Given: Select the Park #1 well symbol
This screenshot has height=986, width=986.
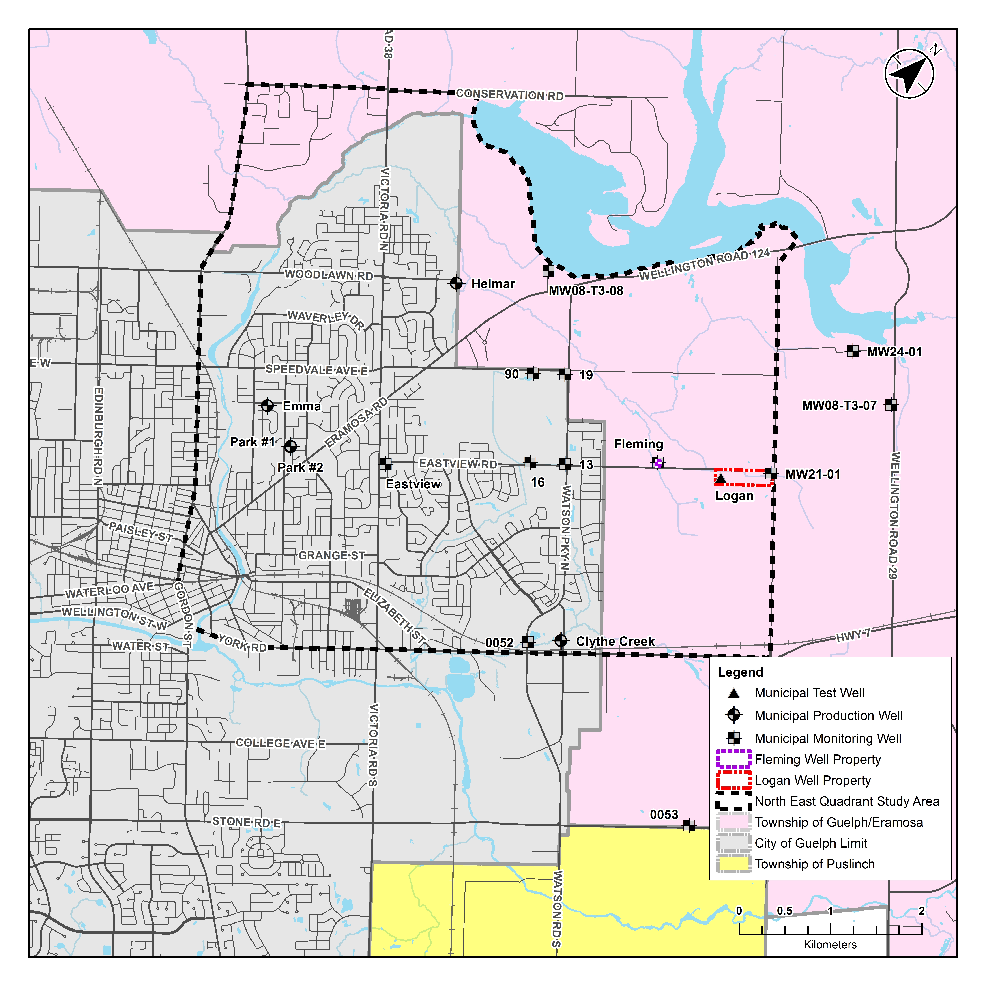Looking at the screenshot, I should coord(290,447).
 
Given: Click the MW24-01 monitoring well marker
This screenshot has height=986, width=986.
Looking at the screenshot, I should coord(852,351).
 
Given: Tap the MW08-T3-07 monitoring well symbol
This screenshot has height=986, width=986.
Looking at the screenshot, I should coord(891,405).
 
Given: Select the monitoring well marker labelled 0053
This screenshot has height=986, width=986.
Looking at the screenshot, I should coord(689,825).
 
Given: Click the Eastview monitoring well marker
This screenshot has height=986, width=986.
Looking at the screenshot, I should coord(385,464).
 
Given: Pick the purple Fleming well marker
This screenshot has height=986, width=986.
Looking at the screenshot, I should coord(658,463).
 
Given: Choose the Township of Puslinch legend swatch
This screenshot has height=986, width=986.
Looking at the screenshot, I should coord(733,864).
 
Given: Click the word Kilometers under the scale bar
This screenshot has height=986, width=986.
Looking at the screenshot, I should coord(830,945).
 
